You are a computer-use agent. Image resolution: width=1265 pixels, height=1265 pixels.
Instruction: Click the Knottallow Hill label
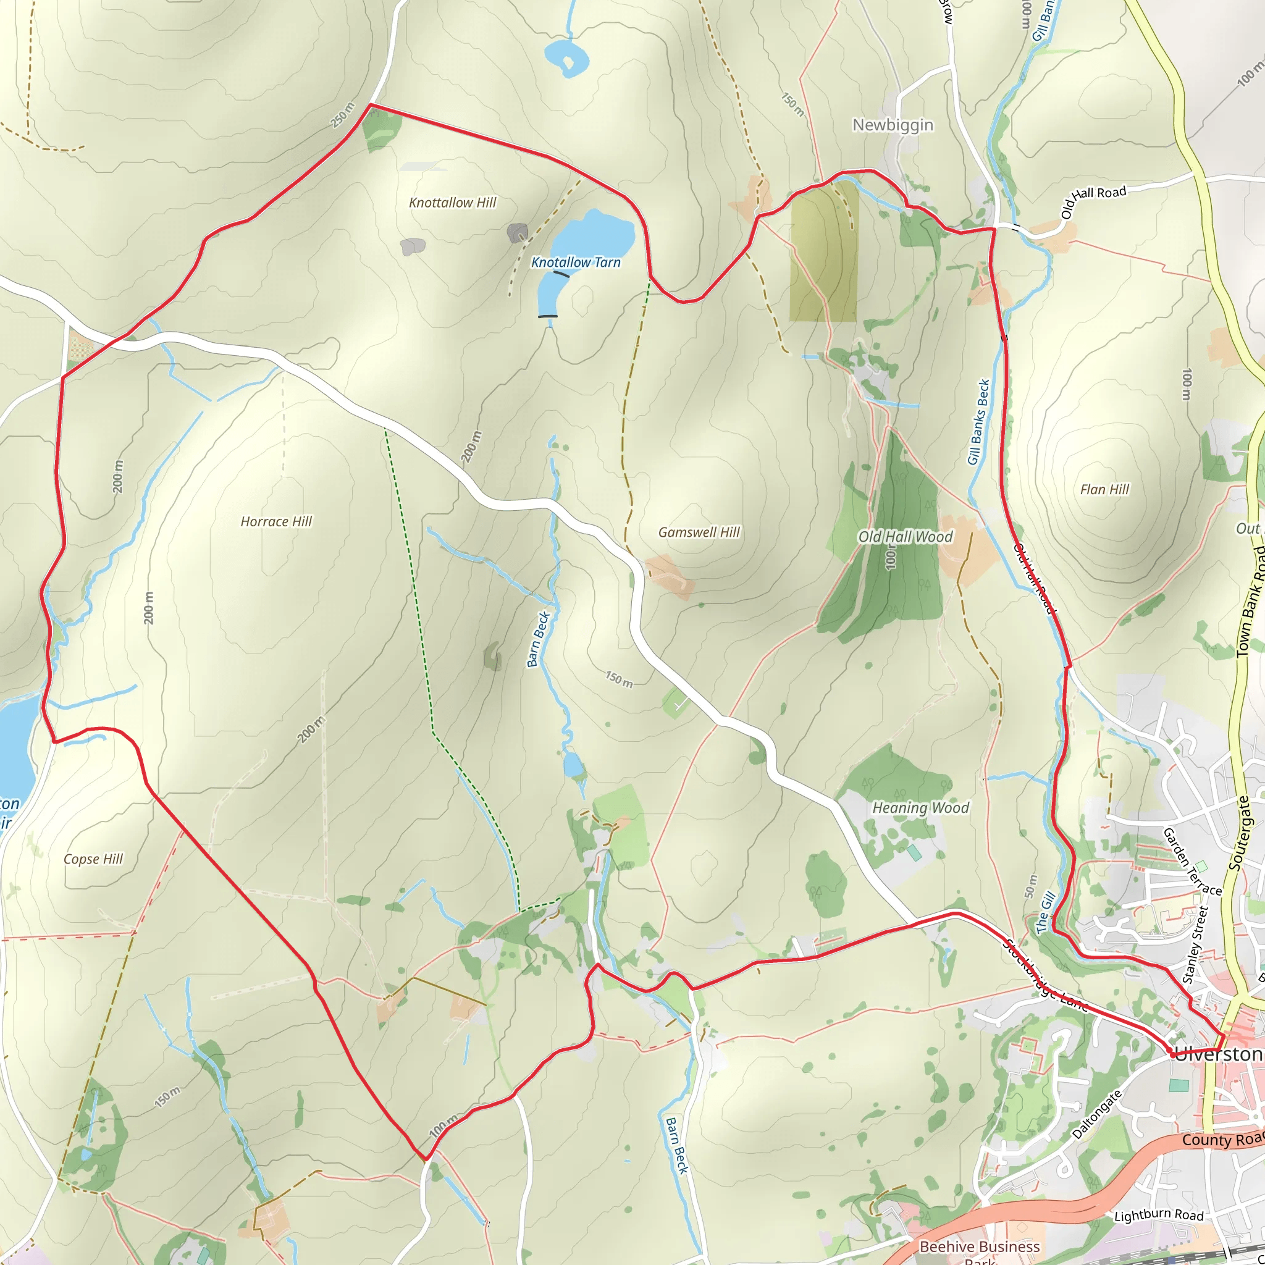pos(452,203)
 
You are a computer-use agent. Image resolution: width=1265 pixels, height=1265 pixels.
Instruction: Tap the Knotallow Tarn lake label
pos(576,263)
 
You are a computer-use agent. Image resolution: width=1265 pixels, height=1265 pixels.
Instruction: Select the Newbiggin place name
pos(893,125)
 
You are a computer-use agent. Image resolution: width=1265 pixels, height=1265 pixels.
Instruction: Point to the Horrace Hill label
pos(275,522)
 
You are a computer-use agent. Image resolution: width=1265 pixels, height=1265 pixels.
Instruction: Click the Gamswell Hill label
pos(699,532)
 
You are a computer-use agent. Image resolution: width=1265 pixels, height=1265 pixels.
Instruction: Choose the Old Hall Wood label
pos(905,537)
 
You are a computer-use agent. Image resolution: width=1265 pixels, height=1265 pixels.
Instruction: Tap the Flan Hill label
pos(1104,490)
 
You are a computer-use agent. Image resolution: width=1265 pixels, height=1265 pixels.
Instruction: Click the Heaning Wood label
pos(920,808)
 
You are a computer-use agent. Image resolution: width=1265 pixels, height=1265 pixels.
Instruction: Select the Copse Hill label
pos(93,859)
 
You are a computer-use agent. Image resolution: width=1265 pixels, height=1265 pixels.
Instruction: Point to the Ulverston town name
pos(1219,1055)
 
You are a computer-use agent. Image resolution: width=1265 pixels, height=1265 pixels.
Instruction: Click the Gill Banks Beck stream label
pos(978,422)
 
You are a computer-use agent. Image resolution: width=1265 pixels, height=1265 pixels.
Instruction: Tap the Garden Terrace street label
pos(1191,862)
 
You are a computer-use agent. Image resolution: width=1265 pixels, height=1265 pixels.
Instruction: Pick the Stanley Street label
pos(1196,944)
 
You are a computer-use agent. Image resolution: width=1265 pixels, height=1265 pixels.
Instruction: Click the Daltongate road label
pos(1097,1114)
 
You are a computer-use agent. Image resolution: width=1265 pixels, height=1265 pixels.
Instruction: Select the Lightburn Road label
pos(1159,1215)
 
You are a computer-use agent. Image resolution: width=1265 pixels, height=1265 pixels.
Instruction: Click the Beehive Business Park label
pos(980,1248)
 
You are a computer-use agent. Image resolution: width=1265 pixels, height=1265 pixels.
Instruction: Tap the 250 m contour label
pos(342,116)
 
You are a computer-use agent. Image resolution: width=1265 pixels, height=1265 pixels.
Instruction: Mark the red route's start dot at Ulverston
pos(1171,1054)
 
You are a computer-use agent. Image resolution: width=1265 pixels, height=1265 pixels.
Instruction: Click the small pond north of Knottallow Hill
pos(566,57)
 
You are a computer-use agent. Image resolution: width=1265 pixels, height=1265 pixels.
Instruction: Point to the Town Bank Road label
pos(1250,601)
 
